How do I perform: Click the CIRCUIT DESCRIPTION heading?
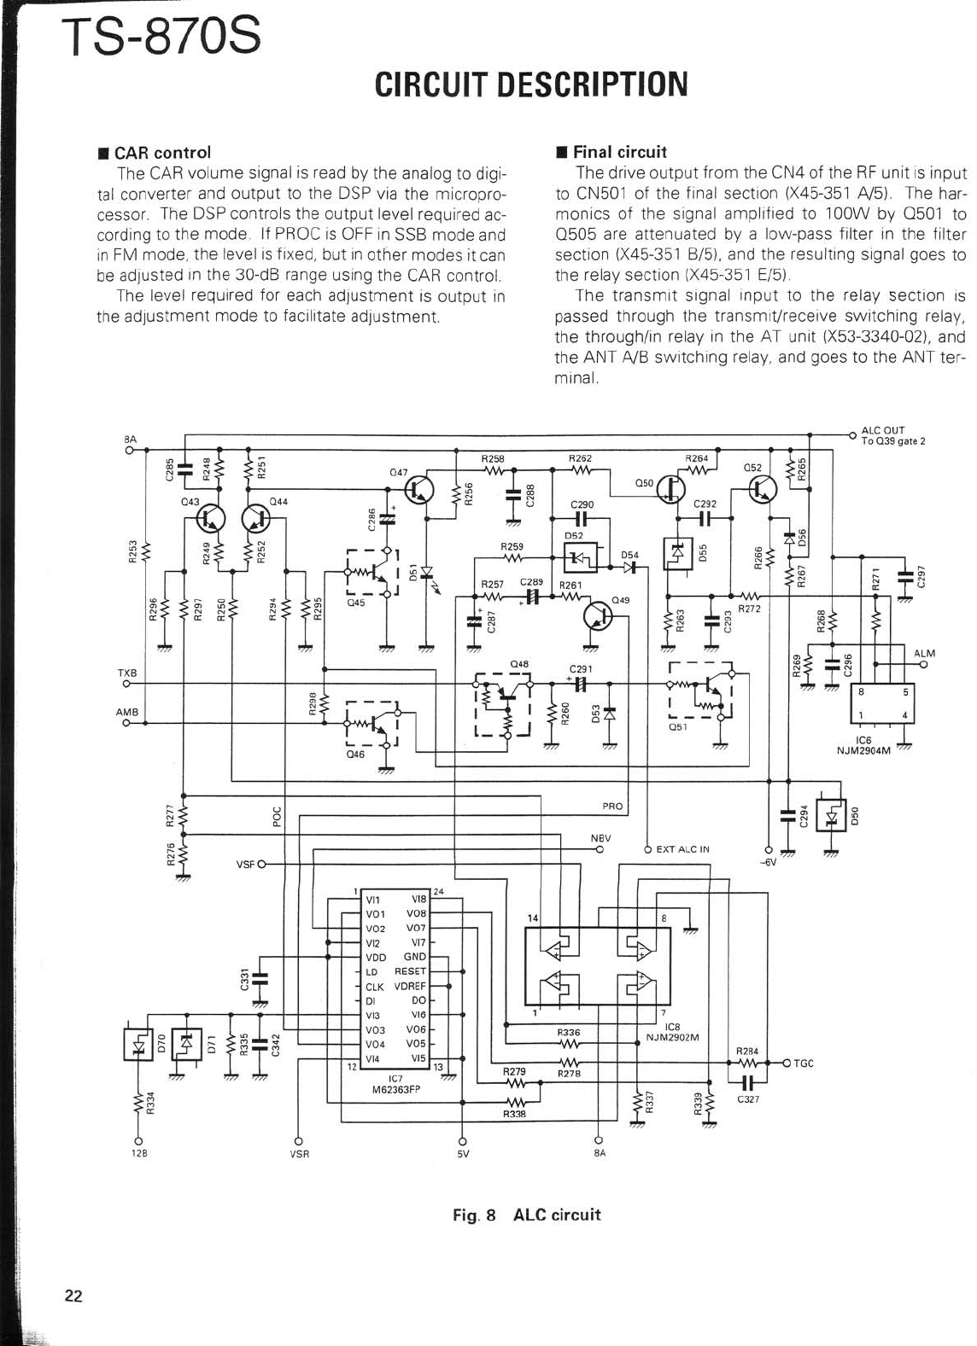click(x=530, y=84)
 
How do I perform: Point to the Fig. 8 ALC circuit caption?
click(x=527, y=1215)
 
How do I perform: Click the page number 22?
click(x=73, y=1296)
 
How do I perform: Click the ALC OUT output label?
click(x=883, y=430)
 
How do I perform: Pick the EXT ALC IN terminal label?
click(x=682, y=849)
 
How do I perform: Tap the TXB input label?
click(x=126, y=673)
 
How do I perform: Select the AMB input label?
click(x=127, y=712)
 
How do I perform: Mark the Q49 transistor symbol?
click(x=597, y=617)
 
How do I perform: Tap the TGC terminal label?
click(x=804, y=1063)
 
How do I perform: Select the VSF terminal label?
click(x=246, y=865)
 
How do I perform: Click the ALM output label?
click(x=924, y=654)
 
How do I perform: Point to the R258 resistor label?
click(x=493, y=459)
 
